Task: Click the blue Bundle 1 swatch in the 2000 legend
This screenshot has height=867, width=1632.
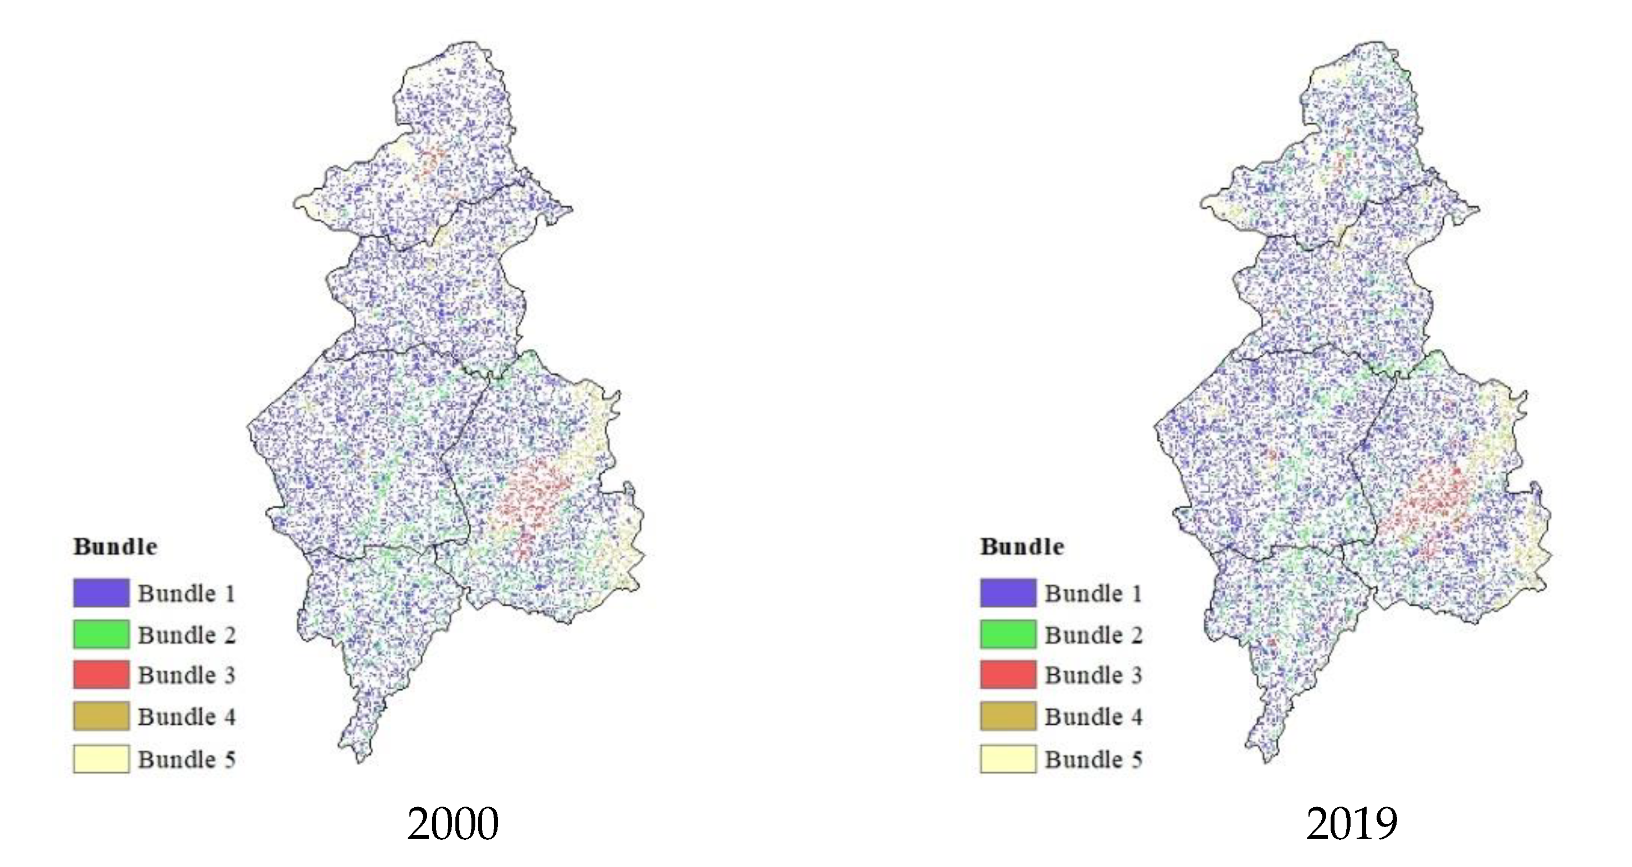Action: (x=101, y=593)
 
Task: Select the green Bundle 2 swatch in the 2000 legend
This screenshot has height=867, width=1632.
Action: (x=101, y=634)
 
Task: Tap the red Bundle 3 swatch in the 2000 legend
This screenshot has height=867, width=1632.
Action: (x=101, y=674)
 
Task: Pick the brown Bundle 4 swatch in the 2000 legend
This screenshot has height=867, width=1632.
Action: (x=101, y=716)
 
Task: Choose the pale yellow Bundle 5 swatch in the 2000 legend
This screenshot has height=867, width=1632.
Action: (x=101, y=758)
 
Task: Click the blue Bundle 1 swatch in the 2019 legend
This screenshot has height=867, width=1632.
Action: (x=1008, y=593)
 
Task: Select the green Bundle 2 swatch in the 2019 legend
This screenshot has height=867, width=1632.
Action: (x=1008, y=634)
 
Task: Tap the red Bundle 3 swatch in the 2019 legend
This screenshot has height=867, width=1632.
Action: (x=1008, y=674)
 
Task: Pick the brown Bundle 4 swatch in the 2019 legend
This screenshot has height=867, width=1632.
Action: (x=1008, y=716)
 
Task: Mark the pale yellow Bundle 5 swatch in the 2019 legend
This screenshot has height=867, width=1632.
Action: (x=1008, y=758)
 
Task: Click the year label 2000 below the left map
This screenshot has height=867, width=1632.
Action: (x=453, y=824)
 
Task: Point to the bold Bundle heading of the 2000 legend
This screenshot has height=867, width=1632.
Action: (x=115, y=546)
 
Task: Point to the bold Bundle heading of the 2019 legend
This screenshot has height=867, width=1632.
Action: (x=1022, y=546)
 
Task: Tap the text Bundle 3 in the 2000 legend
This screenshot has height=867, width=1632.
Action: (x=187, y=675)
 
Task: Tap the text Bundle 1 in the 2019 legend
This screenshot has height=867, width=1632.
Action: (x=1094, y=594)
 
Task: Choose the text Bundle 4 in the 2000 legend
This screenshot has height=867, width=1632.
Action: (x=187, y=717)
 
